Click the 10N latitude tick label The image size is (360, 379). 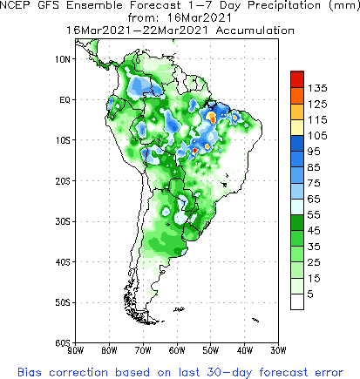tap(63, 59)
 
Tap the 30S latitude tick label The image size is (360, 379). tap(63, 221)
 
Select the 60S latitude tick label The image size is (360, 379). tap(63, 342)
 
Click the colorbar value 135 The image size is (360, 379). tap(316, 88)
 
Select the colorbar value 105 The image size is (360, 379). tap(316, 135)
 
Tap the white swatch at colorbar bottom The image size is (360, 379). tap(296, 301)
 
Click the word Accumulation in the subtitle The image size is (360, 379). tap(248, 29)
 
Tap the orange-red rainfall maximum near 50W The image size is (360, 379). tap(211, 116)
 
